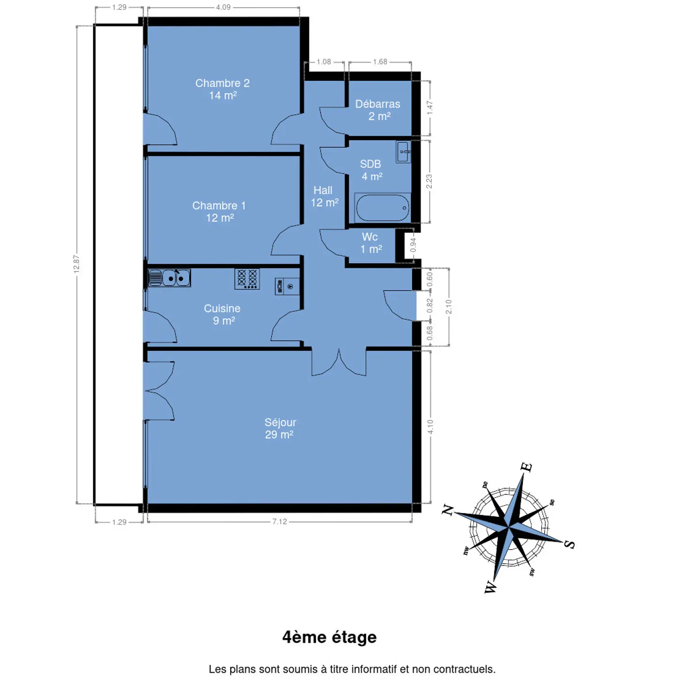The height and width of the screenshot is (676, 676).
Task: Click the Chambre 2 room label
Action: tap(223, 89)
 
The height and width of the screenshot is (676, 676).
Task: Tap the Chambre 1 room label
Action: tap(219, 212)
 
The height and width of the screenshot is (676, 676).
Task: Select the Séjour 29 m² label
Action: tap(280, 428)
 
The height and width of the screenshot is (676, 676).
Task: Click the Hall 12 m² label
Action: tap(324, 196)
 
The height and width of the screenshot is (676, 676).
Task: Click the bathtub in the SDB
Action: tap(383, 207)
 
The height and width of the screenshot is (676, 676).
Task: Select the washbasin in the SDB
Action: tap(403, 152)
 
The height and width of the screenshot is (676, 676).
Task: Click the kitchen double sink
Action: tap(169, 278)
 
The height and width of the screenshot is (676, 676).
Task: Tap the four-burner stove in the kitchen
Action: tap(247, 279)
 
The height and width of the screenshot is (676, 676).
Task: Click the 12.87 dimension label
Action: tap(77, 264)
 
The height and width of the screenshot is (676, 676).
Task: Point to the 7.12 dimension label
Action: tap(280, 522)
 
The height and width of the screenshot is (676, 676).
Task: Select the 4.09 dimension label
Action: tap(223, 7)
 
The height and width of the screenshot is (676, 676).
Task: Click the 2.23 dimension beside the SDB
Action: tap(429, 181)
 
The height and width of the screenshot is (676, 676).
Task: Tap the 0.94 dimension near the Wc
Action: tap(413, 245)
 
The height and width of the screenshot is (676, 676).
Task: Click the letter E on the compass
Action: tap(526, 467)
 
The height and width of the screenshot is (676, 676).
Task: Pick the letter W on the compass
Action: tap(491, 586)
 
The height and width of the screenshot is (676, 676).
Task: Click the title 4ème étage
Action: tap(330, 638)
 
